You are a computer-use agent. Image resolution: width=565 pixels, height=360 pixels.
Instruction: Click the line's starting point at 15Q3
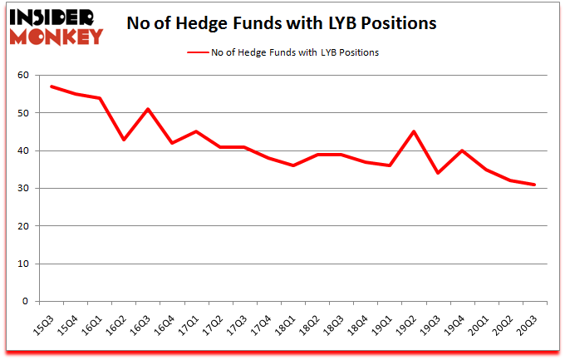[52, 86]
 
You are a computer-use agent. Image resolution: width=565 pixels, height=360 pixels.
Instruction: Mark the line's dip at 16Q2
[124, 140]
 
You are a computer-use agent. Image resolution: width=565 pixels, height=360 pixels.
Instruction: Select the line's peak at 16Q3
[148, 109]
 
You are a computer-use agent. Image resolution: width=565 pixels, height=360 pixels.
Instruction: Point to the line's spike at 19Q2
[414, 131]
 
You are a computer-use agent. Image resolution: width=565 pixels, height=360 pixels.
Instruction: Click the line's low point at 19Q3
[438, 173]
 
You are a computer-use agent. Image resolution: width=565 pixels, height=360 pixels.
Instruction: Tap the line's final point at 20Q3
[534, 185]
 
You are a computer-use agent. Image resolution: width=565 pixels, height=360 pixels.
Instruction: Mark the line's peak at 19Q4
[462, 150]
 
